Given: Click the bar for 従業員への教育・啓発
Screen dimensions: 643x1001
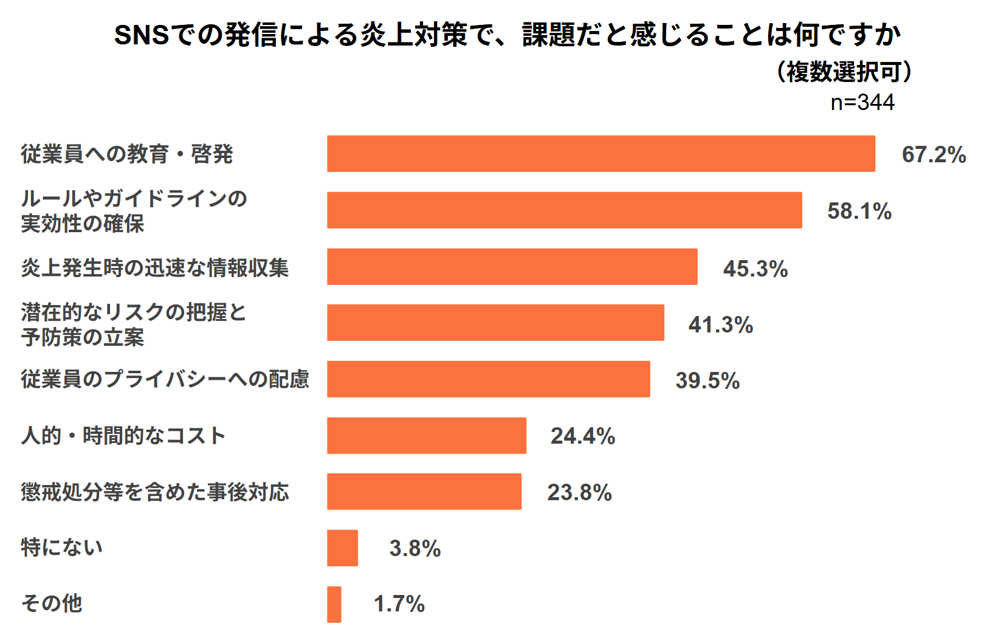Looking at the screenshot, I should click(x=600, y=154).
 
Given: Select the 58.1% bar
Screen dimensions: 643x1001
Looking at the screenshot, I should click(x=564, y=210).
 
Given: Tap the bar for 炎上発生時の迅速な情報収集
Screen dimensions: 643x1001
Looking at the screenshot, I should click(x=512, y=266).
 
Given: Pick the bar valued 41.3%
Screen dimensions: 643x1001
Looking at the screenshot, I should click(x=495, y=323).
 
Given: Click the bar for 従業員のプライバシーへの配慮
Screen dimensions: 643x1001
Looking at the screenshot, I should click(x=488, y=379).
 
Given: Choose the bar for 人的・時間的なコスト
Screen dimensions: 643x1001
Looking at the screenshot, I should click(x=426, y=435).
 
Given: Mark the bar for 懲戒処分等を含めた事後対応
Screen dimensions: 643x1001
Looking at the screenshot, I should click(x=424, y=492).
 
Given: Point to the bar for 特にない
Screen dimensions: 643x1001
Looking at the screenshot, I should click(x=342, y=548).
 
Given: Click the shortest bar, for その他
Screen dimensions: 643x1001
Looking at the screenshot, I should click(x=334, y=604).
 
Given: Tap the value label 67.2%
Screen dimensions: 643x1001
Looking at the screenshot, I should click(x=934, y=154).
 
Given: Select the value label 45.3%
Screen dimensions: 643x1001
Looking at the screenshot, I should click(x=755, y=268).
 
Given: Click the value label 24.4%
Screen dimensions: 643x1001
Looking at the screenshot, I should click(x=582, y=436).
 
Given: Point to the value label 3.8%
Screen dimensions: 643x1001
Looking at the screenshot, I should click(x=415, y=548).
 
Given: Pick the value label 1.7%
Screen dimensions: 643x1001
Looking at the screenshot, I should click(x=399, y=604).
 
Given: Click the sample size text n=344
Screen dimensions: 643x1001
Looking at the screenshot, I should click(x=862, y=102).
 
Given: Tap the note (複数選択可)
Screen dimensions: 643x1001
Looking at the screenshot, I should click(x=844, y=72).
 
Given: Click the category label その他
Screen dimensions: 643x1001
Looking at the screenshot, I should click(x=52, y=603).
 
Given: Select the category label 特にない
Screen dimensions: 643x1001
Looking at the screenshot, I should click(x=61, y=547).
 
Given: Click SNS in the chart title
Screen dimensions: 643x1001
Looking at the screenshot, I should click(x=142, y=35).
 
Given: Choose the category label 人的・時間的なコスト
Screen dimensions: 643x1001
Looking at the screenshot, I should click(x=123, y=435).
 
